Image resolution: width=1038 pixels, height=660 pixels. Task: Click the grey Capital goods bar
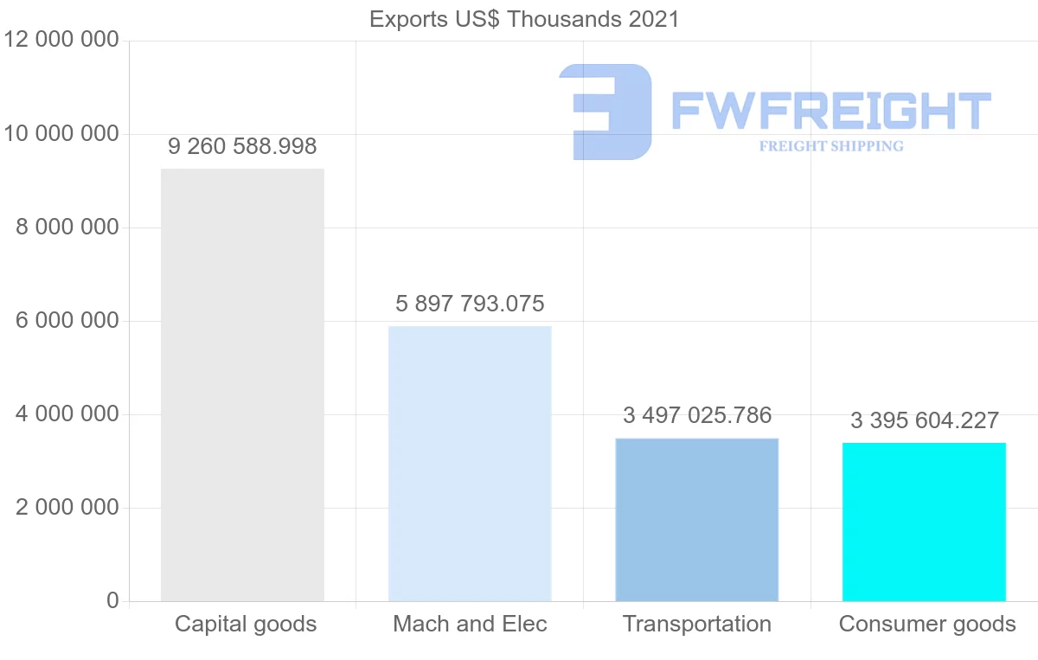[242, 385]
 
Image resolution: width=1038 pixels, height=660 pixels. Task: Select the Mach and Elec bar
[470, 464]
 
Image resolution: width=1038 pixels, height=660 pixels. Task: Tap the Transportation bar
[696, 519]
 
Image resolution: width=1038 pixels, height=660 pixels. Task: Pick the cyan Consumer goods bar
[924, 522]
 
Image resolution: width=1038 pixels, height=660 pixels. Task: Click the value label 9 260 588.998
[242, 146]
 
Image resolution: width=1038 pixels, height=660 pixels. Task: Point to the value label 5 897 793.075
[470, 304]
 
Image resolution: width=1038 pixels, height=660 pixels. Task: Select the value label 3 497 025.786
[697, 415]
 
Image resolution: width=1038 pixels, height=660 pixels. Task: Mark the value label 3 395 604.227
[925, 420]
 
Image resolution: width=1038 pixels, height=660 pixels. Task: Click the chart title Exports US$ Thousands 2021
[524, 19]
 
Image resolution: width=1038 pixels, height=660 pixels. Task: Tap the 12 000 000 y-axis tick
[61, 41]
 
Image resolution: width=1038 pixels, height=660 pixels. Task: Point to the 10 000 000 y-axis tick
[61, 134]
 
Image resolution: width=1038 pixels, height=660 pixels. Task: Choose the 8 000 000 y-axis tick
[67, 227]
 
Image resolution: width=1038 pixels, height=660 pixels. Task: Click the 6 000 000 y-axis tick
[67, 321]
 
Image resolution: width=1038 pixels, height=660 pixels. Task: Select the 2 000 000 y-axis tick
[67, 508]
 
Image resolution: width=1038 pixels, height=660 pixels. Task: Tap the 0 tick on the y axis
[112, 600]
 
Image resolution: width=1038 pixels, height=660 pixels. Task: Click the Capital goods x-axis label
[246, 624]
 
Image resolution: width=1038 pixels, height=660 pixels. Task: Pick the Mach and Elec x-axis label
[470, 624]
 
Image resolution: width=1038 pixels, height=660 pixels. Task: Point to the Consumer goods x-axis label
[927, 624]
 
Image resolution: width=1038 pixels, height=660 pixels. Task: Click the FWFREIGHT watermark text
[830, 111]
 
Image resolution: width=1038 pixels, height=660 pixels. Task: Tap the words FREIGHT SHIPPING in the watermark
[831, 146]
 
